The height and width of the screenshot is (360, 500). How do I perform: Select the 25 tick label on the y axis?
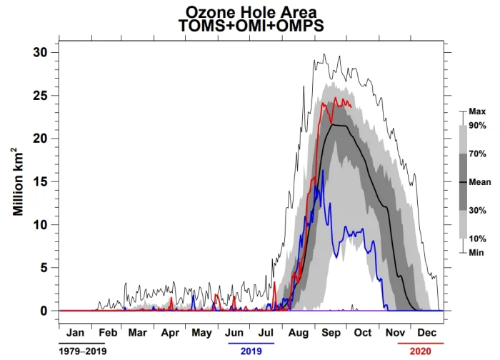tap(41, 95)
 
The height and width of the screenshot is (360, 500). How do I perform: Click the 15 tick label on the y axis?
tap(41, 181)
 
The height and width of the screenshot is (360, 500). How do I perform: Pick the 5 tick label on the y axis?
tap(44, 268)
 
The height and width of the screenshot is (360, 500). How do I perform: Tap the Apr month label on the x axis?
tap(170, 333)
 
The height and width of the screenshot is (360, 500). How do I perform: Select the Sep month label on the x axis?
tap(331, 333)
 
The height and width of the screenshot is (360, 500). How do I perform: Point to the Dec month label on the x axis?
tap(427, 333)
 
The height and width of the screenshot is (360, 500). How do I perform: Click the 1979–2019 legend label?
tap(82, 351)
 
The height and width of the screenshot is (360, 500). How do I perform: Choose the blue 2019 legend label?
tap(251, 351)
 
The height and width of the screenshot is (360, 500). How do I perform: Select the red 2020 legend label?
tap(421, 351)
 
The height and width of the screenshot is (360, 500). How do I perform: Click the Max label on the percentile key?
tap(477, 112)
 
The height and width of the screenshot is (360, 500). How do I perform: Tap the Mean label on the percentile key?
tap(479, 182)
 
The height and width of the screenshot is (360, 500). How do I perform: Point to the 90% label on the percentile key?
tap(477, 126)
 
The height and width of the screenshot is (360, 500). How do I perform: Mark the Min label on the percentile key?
tap(476, 252)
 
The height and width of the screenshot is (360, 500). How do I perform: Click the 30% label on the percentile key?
tap(477, 210)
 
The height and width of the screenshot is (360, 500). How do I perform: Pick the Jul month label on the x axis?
tap(266, 333)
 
